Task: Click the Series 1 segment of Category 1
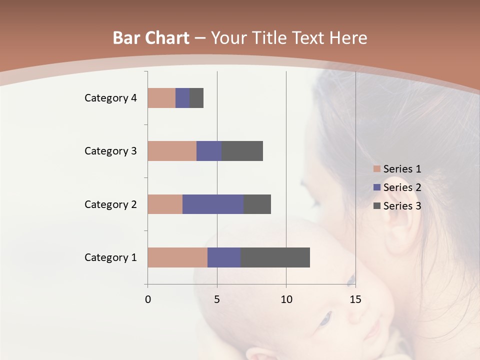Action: coord(177,257)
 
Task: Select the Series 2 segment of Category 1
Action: coord(224,257)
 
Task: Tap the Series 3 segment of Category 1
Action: coord(275,257)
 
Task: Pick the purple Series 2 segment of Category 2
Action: coord(213,204)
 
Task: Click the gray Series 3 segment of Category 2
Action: coord(257,204)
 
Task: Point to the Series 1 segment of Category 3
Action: coord(172,151)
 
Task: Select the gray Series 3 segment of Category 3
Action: coord(242,151)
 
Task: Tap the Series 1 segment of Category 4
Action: coord(161,98)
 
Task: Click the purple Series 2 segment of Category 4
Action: coord(182,98)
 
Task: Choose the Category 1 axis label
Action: coord(110,257)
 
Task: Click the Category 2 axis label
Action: coord(110,204)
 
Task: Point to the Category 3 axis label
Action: coord(110,151)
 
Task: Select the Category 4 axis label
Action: coord(110,98)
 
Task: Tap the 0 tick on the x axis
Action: coord(148,299)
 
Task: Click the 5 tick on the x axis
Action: coord(217,299)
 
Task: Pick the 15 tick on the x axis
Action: coord(355,299)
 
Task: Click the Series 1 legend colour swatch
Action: coord(377,169)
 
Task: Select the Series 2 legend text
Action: coord(402,187)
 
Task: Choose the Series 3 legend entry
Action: coord(397,205)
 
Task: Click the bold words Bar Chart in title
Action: coord(151,38)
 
